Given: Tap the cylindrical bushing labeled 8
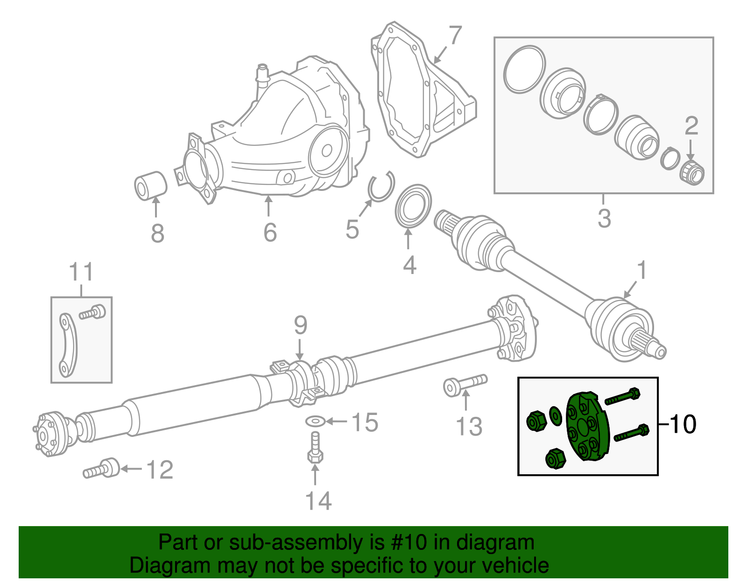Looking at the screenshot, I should pos(150,185).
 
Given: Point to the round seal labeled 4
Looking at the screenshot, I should pos(413,204).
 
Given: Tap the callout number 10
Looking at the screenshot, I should pos(683,424).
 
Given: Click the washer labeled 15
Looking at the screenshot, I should pos(316,421).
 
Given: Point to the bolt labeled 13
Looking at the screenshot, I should pos(464,385).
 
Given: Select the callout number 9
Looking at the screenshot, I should pos(300,325).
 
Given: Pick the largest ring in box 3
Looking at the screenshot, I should pos(524,69).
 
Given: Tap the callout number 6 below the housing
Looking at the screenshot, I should pos(270,232).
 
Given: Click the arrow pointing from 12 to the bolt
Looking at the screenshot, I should pos(131,469).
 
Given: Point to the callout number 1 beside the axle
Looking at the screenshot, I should pos(642,270).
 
